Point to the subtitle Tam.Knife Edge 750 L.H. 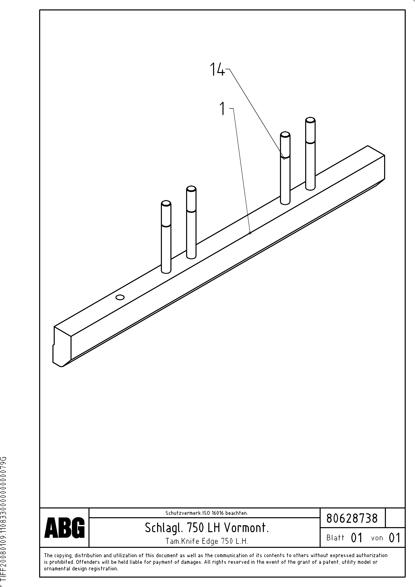(x=207, y=541)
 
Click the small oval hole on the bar (x=120, y=297)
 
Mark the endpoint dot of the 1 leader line (x=250, y=233)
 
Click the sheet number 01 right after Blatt (x=357, y=538)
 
